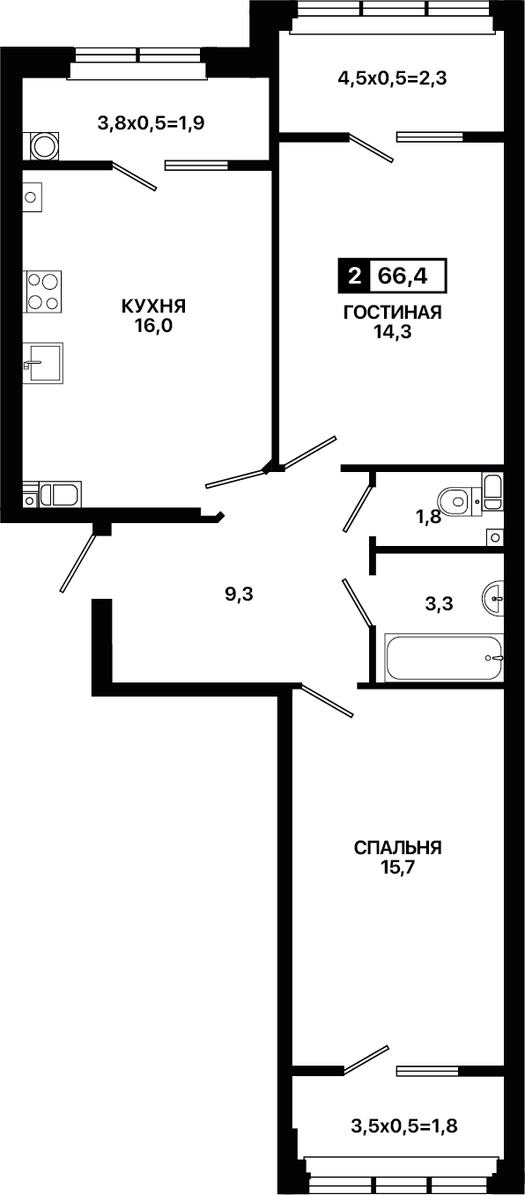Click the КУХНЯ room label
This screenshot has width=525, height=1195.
pyautogui.click(x=153, y=306)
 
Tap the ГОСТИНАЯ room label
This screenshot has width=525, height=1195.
pyautogui.click(x=393, y=312)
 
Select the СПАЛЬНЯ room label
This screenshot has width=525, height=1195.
pyautogui.click(x=398, y=848)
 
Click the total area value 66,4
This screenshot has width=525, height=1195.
pyautogui.click(x=403, y=277)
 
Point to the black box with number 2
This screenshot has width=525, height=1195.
pyautogui.click(x=353, y=277)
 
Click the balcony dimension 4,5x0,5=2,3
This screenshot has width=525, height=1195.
pyautogui.click(x=392, y=79)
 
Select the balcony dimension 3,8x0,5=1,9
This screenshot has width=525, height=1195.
pyautogui.click(x=151, y=123)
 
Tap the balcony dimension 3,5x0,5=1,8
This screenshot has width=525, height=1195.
pyautogui.click(x=404, y=1126)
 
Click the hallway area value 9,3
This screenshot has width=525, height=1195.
pyautogui.click(x=239, y=594)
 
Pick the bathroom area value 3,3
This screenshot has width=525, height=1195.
pyautogui.click(x=439, y=603)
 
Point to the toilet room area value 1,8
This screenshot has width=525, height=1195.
pyautogui.click(x=428, y=516)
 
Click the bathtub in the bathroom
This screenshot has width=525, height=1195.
pyautogui.click(x=443, y=658)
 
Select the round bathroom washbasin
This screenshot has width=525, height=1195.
pyautogui.click(x=493, y=598)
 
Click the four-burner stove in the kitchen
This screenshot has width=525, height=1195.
pyautogui.click(x=42, y=291)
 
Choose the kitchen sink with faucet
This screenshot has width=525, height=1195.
pyautogui.click(x=43, y=364)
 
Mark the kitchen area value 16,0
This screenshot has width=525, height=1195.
pyautogui.click(x=154, y=326)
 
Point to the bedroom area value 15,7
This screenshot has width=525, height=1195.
pyautogui.click(x=398, y=867)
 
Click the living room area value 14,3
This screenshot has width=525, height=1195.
pyautogui.click(x=393, y=332)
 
